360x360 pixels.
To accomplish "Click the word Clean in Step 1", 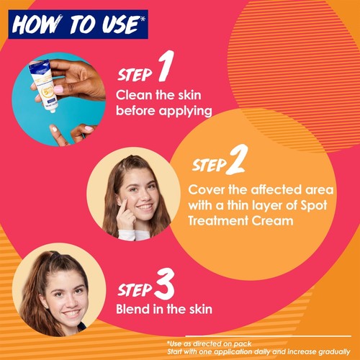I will tap(135, 96).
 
